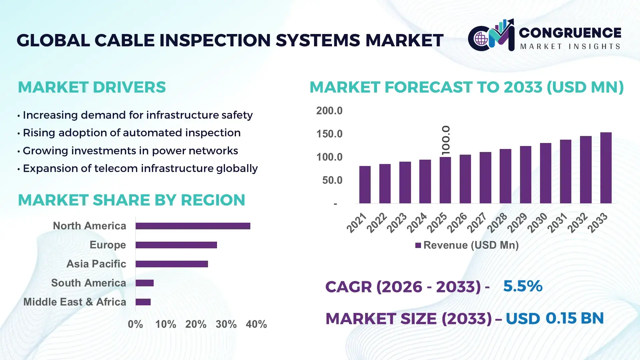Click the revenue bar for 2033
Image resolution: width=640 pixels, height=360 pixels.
(606, 168)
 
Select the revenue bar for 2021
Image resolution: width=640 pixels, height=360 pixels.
(365, 185)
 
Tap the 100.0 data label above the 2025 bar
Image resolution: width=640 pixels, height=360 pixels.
(446, 140)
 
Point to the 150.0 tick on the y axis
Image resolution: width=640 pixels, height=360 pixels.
(329, 134)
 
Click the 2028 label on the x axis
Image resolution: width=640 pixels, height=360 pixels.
(497, 223)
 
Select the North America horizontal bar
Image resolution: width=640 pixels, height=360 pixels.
(193, 226)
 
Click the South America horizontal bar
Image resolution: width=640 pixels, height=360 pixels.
(144, 283)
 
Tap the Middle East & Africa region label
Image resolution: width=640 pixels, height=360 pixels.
(75, 302)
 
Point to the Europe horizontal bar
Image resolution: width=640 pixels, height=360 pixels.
(176, 245)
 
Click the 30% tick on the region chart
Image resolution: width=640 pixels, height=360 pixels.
(226, 324)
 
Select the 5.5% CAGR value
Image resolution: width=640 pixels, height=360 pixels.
(522, 286)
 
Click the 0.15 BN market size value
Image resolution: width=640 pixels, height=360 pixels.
(574, 318)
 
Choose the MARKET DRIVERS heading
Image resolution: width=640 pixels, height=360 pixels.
(92, 87)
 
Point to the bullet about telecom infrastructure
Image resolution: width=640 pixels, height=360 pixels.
(140, 168)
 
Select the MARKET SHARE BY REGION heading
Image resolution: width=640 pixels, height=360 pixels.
(131, 200)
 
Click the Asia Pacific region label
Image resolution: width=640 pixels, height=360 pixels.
(96, 264)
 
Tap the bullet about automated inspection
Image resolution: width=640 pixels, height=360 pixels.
(131, 133)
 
